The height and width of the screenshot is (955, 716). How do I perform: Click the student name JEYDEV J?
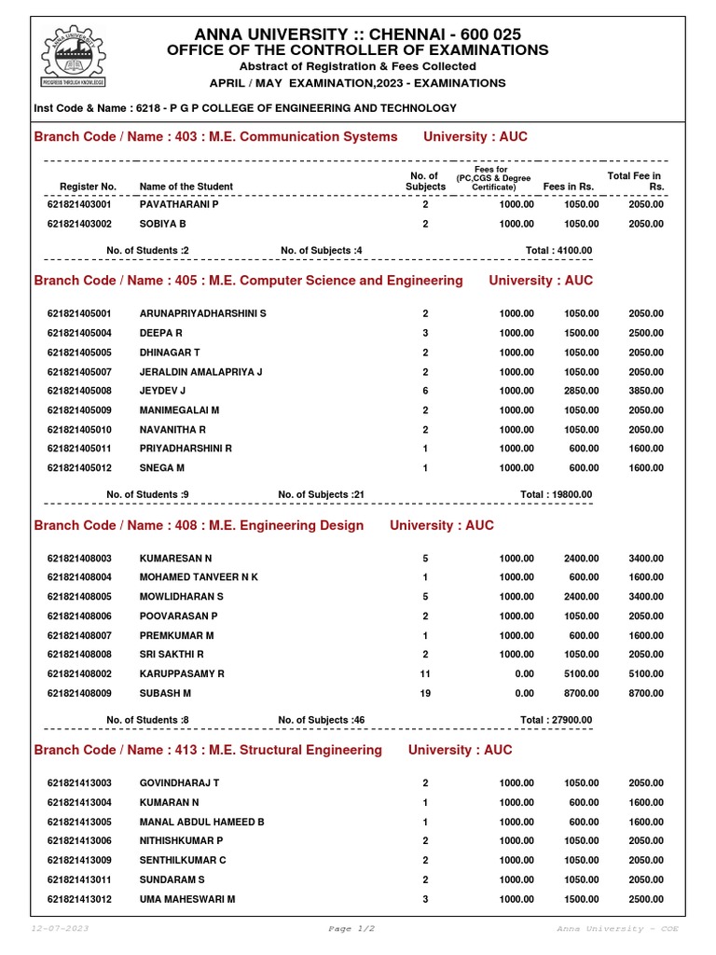click(x=163, y=391)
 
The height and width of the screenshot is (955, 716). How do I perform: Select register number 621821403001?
click(x=79, y=204)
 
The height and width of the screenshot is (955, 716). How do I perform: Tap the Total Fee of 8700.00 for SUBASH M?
click(x=646, y=694)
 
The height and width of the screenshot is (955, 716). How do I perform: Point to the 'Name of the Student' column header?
click(x=186, y=187)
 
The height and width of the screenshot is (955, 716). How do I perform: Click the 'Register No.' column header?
click(x=88, y=187)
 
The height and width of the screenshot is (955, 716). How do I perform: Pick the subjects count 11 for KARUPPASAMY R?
click(x=425, y=674)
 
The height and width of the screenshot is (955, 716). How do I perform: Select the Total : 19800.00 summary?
click(x=556, y=495)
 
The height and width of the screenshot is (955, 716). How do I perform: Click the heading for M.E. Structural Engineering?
click(x=208, y=750)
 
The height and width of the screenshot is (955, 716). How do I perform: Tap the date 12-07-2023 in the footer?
click(x=60, y=929)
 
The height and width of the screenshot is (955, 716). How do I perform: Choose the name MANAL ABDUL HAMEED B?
click(x=202, y=823)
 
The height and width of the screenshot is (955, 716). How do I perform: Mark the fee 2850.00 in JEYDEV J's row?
click(x=581, y=391)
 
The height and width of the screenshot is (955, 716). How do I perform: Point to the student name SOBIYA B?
click(x=163, y=224)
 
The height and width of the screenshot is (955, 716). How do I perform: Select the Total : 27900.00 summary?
click(x=556, y=720)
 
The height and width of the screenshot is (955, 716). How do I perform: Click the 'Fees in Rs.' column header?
click(x=569, y=187)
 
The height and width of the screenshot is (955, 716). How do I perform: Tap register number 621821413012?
click(x=79, y=900)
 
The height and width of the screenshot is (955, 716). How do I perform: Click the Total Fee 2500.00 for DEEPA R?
click(x=646, y=333)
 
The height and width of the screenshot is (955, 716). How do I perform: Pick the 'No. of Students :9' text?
click(x=148, y=495)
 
